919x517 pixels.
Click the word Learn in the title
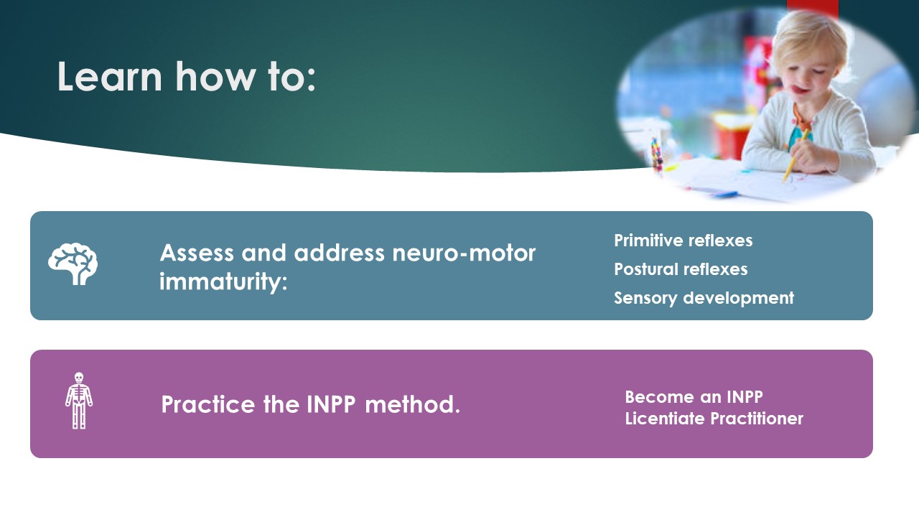(110, 76)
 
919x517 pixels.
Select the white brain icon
(73, 264)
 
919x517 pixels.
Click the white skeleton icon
(79, 401)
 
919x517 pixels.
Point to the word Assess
(197, 253)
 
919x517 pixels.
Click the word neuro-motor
(464, 253)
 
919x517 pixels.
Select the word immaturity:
(223, 282)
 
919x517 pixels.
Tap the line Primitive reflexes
(683, 241)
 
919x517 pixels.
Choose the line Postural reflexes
(681, 269)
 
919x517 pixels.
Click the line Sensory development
(704, 298)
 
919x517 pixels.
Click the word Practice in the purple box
(208, 404)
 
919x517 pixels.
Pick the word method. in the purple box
(412, 404)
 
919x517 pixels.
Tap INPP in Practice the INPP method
(331, 404)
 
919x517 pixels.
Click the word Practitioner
(757, 419)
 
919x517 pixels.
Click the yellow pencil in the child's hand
(795, 157)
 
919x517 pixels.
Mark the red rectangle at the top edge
(812, 8)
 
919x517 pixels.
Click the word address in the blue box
(339, 253)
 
